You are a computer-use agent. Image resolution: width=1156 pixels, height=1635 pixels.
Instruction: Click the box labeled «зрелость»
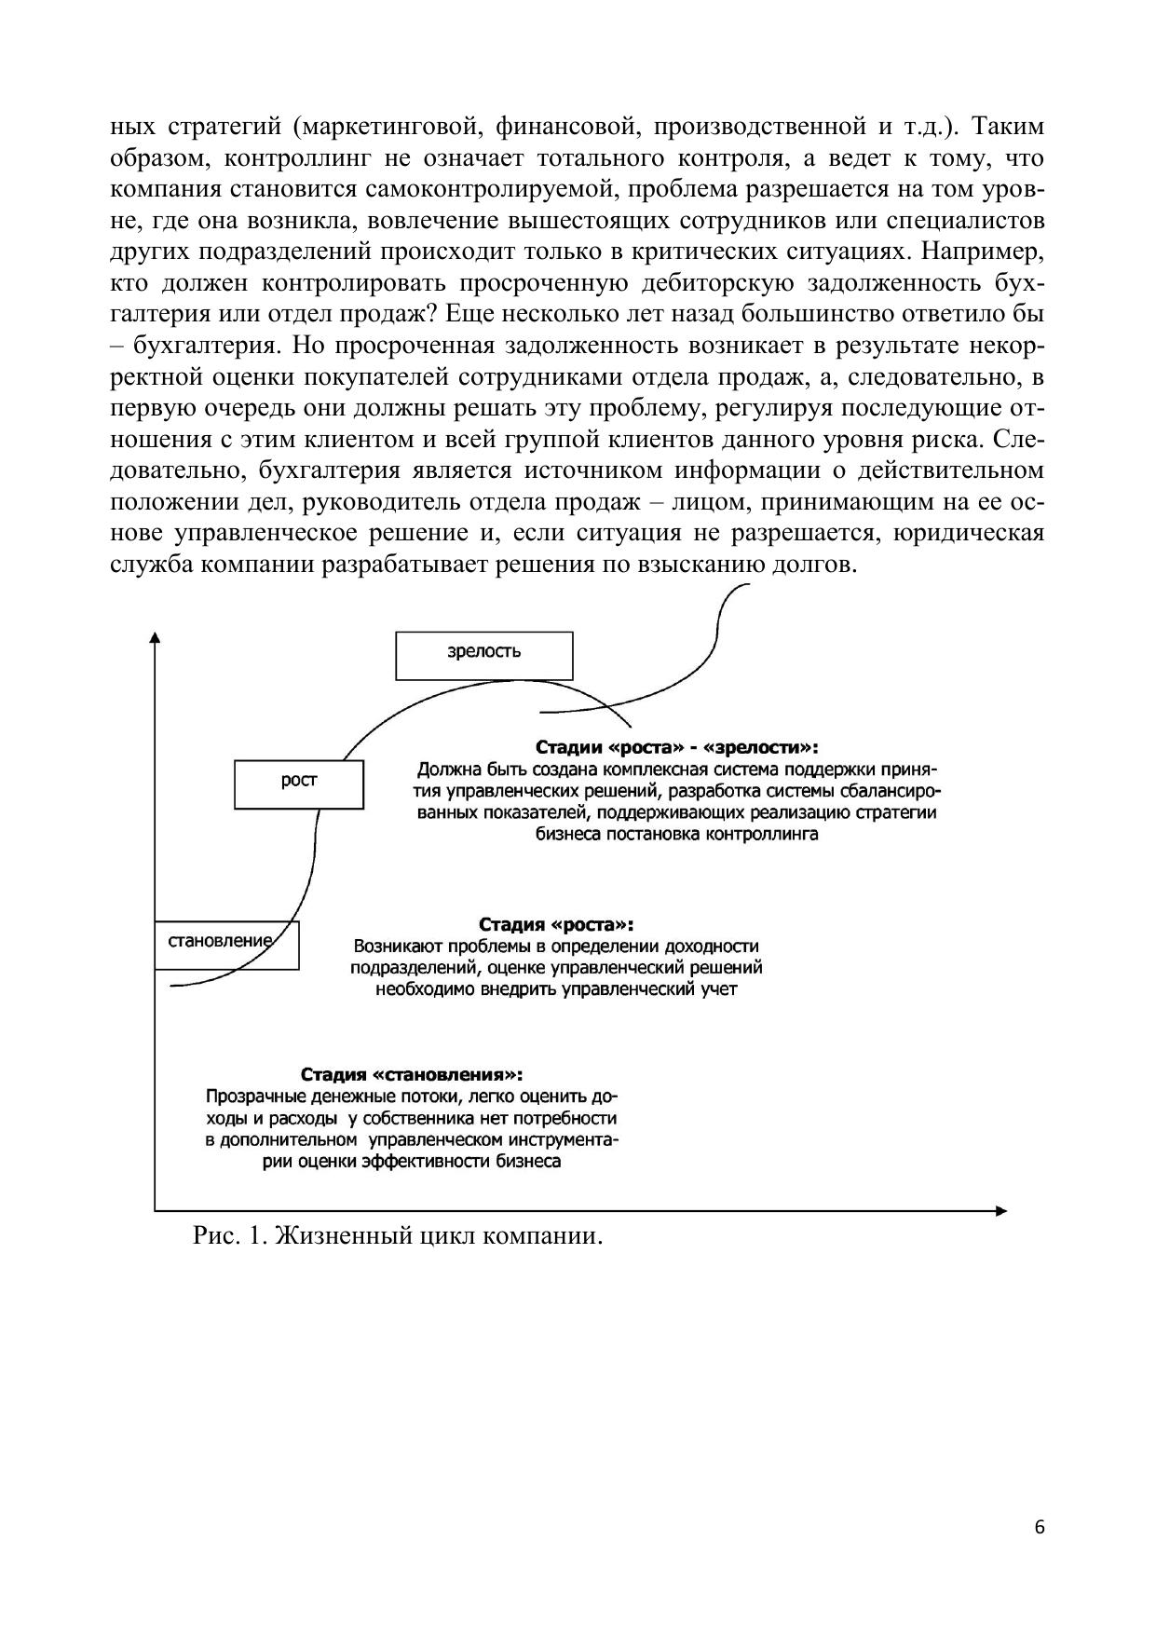tap(483, 656)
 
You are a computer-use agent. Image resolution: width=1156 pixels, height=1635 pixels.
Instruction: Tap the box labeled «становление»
tap(226, 945)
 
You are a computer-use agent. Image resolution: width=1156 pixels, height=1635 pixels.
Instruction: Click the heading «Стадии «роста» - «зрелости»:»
tap(677, 748)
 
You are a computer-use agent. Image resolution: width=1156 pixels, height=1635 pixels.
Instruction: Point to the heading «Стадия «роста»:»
tap(556, 924)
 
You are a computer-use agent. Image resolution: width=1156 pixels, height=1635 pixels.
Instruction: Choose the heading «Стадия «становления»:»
tap(411, 1074)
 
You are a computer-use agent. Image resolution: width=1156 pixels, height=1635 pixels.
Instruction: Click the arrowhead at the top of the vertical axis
tap(155, 637)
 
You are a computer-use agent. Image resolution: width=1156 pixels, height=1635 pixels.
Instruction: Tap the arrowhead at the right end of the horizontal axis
tap(1001, 1211)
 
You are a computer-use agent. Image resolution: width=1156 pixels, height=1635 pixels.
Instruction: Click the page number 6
tap(1040, 1527)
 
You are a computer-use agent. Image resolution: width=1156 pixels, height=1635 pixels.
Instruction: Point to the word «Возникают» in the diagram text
tap(395, 947)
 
